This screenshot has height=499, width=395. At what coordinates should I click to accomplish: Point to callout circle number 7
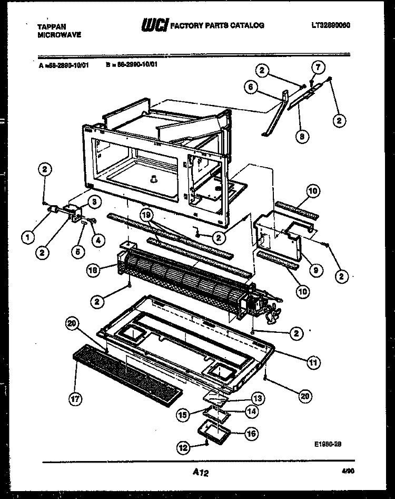317,66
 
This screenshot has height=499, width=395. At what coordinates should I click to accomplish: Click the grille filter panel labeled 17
126,372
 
